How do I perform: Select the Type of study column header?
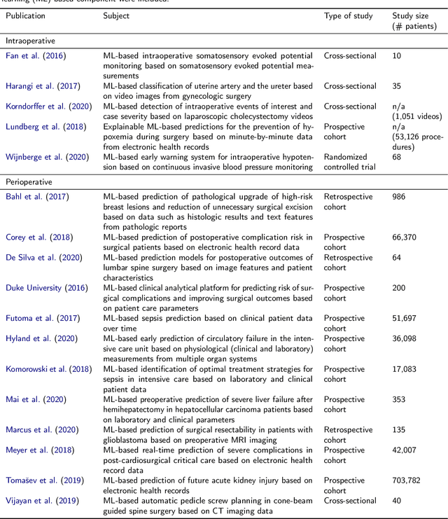[x=350, y=15]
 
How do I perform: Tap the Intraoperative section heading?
[x=30, y=41]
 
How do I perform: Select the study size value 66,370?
[x=405, y=237]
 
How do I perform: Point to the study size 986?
[x=399, y=197]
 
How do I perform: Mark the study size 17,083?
[x=405, y=369]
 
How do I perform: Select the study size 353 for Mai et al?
[x=399, y=399]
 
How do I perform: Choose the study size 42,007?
[x=405, y=450]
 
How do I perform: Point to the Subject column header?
[x=116, y=15]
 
